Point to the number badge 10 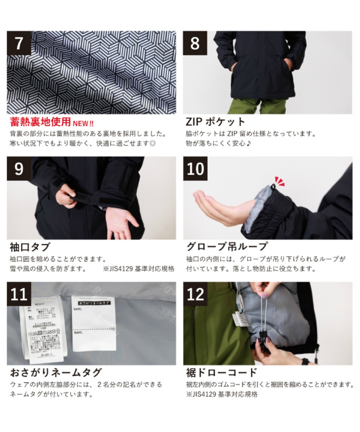point(195,169)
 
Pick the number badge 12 point(195,294)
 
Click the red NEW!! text point(84,123)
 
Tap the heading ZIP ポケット point(216,122)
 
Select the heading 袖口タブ point(30,247)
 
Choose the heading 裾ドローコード point(222,372)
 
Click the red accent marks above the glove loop point(279,181)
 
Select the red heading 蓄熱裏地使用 point(40,122)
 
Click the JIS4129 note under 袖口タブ point(139,269)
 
